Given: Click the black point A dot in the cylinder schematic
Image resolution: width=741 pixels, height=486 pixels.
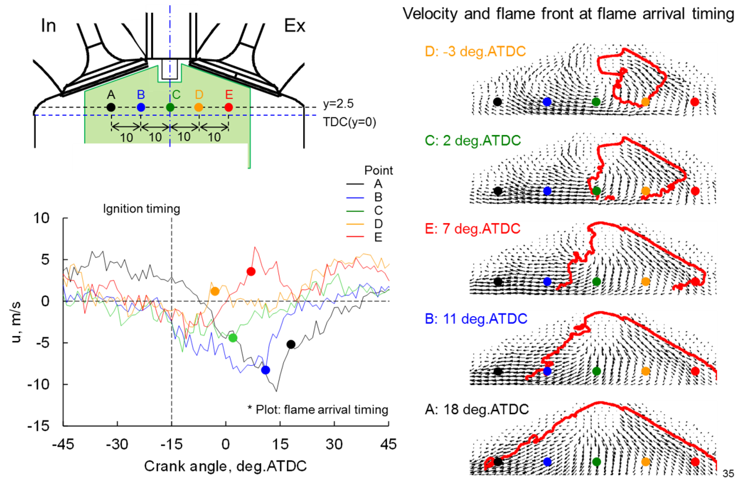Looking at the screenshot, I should pyautogui.click(x=111, y=107).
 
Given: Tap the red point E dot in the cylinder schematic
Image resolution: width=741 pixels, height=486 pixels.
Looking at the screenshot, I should pyautogui.click(x=229, y=107).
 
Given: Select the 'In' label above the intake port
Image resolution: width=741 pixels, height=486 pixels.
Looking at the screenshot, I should pyautogui.click(x=48, y=26).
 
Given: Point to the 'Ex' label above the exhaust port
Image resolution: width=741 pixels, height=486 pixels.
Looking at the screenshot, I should pyautogui.click(x=295, y=26).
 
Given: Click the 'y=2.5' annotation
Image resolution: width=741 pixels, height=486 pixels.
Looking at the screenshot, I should pyautogui.click(x=338, y=104).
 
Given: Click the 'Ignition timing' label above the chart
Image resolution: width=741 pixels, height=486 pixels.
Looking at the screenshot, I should pyautogui.click(x=142, y=209).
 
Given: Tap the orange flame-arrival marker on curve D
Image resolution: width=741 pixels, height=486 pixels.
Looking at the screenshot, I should pyautogui.click(x=215, y=291).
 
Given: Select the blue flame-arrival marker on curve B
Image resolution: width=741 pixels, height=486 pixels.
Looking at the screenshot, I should pyautogui.click(x=265, y=370).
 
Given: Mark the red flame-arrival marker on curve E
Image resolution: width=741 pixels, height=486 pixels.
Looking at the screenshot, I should pyautogui.click(x=251, y=272).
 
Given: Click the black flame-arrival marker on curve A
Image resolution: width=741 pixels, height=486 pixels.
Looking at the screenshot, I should pyautogui.click(x=291, y=344).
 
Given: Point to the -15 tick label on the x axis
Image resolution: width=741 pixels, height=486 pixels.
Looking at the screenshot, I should pyautogui.click(x=171, y=444).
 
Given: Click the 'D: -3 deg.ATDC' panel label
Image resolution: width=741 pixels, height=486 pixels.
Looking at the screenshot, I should pyautogui.click(x=475, y=51).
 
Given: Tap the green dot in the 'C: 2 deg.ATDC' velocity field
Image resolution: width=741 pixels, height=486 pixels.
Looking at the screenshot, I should pyautogui.click(x=596, y=191).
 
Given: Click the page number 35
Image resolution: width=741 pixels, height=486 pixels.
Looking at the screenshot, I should pyautogui.click(x=728, y=473).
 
